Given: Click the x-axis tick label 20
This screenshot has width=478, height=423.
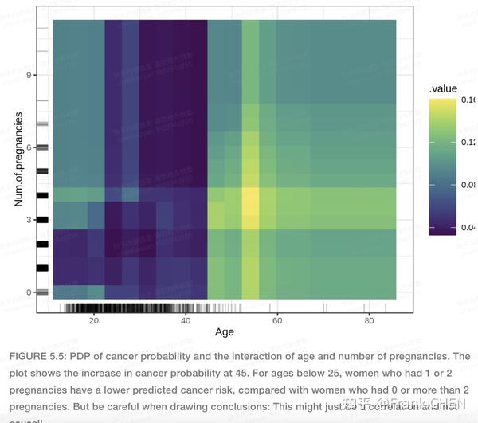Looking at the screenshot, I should [x=93, y=320].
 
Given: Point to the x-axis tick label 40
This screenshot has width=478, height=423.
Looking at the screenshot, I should [x=185, y=320].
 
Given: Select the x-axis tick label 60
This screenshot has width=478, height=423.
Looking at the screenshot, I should [x=276, y=320].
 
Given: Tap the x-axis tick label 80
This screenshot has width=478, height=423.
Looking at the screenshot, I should [x=368, y=320].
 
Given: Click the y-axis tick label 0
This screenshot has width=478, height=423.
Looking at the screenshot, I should [x=29, y=292].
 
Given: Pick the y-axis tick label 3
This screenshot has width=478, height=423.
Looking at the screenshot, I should [x=29, y=220].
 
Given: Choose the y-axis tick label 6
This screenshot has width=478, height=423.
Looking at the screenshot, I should [x=29, y=147].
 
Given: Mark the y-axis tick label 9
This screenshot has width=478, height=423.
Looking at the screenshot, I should [x=29, y=75].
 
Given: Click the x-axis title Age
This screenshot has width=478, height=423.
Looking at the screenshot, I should [x=225, y=332].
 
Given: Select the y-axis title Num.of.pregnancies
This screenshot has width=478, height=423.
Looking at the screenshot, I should [x=17, y=159].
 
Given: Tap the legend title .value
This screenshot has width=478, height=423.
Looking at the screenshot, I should [x=442, y=88].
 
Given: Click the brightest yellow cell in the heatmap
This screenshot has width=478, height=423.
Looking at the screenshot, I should [x=250, y=203].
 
